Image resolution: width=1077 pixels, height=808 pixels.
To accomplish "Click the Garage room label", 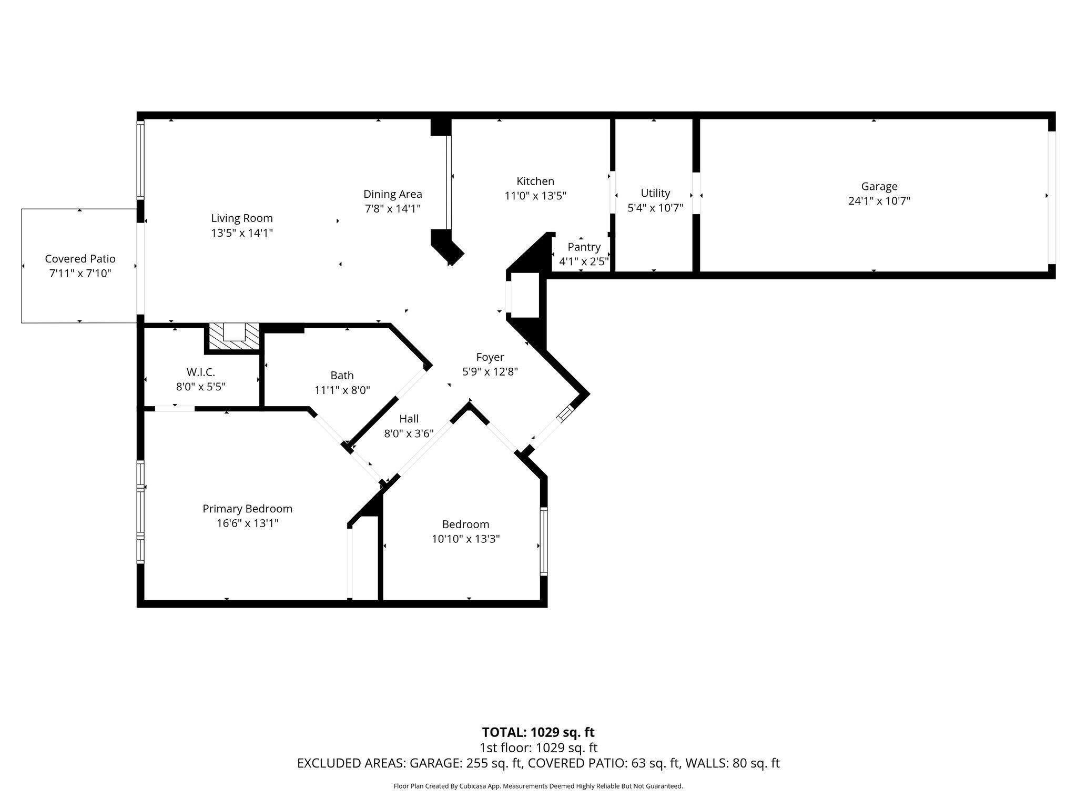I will (879, 186).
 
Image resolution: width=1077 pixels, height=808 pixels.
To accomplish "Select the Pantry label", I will (584, 247).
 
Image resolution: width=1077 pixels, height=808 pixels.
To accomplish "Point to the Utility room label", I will (655, 193).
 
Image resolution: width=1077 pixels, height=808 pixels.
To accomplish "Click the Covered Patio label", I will (80, 259).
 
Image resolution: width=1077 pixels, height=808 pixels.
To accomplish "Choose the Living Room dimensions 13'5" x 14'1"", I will (242, 233).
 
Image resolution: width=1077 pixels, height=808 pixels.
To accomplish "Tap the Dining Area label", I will (392, 194).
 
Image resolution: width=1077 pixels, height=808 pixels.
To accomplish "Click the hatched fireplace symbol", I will (233, 337).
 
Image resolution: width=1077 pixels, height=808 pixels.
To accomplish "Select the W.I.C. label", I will (200, 372).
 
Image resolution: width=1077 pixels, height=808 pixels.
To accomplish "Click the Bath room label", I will (342, 376).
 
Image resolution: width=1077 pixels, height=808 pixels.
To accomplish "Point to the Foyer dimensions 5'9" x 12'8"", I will (490, 372).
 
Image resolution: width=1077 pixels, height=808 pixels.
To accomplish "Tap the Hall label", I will (409, 419).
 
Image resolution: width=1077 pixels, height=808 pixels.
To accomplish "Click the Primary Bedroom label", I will (247, 509).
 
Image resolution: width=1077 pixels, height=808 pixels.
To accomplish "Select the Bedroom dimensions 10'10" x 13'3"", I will (465, 539).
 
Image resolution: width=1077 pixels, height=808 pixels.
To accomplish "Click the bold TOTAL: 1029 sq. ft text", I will (538, 732).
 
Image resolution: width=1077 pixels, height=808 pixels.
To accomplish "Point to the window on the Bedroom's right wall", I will (544, 541).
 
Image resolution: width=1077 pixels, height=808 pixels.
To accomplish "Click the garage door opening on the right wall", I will (1051, 197).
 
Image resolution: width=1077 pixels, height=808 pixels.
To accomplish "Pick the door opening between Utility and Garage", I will (696, 193).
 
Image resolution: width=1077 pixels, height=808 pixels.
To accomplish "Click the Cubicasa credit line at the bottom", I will (538, 786).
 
